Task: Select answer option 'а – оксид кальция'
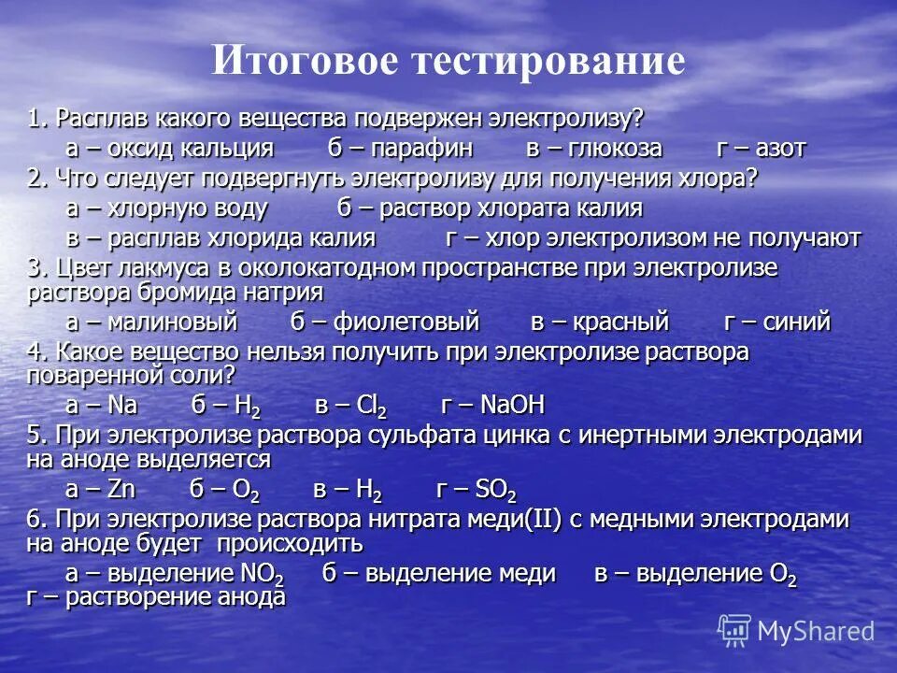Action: (x=169, y=149)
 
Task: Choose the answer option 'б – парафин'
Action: (x=400, y=149)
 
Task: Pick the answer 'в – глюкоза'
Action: (x=593, y=149)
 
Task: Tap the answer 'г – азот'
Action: (x=761, y=149)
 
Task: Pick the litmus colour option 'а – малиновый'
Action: (x=152, y=322)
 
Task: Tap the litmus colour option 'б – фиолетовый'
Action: (x=384, y=322)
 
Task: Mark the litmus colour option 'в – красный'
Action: (x=600, y=322)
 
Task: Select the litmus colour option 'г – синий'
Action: (x=777, y=322)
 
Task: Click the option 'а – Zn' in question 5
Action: (x=101, y=489)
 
